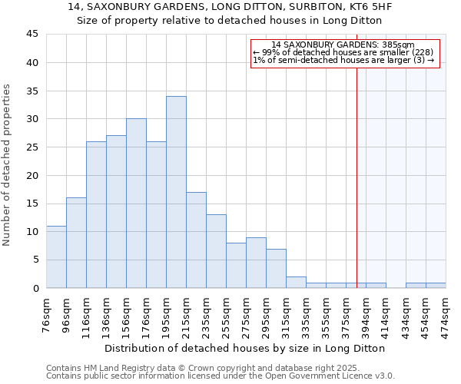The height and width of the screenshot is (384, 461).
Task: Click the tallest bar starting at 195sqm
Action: pos(176,192)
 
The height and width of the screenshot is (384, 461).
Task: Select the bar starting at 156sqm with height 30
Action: pos(136,204)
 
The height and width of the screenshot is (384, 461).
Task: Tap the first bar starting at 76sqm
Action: pos(56,257)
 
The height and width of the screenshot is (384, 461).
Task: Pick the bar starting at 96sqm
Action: pos(76,243)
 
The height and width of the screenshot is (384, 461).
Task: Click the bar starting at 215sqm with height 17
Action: pos(196,240)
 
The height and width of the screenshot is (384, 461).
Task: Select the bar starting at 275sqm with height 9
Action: pos(256,263)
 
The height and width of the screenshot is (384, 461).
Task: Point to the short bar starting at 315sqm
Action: pos(296,282)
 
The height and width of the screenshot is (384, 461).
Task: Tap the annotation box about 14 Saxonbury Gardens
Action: pos(343,53)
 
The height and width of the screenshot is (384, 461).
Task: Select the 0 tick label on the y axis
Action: pos(35,288)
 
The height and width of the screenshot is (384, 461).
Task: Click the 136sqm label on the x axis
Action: pos(106,313)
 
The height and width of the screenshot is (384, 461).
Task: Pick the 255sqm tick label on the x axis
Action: pos(226,313)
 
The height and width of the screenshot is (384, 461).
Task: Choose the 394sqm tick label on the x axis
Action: pos(366,313)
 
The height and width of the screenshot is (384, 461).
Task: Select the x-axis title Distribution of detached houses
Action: pos(245,348)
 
